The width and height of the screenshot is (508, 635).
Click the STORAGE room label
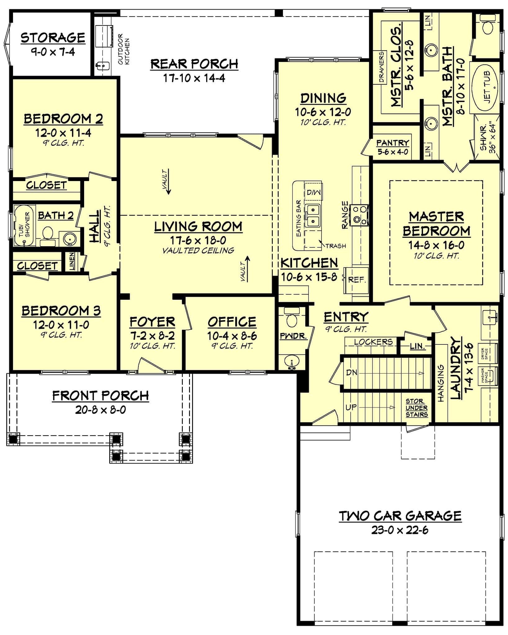click(x=53, y=38)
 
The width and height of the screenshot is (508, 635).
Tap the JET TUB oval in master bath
click(x=486, y=87)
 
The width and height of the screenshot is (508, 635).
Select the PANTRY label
click(x=392, y=143)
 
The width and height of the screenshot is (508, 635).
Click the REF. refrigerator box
click(x=357, y=280)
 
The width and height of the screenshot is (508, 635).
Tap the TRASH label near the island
click(x=335, y=246)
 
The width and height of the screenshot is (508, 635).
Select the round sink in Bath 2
click(x=70, y=239)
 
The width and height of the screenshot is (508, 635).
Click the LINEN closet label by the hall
click(x=72, y=261)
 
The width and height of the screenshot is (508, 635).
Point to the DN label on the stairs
click(x=352, y=372)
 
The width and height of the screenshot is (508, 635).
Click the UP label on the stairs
click(x=351, y=407)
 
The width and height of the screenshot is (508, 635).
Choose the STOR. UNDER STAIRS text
click(x=416, y=408)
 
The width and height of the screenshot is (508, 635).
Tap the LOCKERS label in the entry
click(x=373, y=342)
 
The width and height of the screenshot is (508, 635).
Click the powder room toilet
click(x=291, y=319)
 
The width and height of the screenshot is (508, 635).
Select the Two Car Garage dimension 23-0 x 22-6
click(x=400, y=530)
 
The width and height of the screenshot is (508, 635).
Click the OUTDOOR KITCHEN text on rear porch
click(x=123, y=49)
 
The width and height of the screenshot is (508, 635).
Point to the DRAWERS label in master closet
click(x=381, y=67)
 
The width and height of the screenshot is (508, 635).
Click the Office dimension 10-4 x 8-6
click(x=232, y=336)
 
